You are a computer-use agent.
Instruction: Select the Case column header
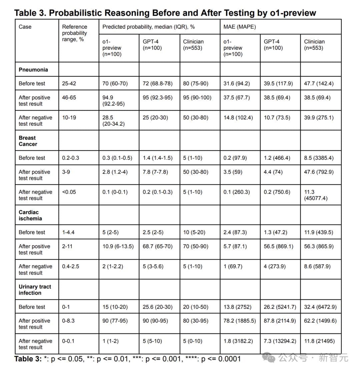(x=25, y=27)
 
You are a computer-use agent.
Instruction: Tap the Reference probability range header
(x=75, y=33)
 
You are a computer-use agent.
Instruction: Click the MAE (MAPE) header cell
(x=240, y=27)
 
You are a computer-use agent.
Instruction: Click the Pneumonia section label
(x=33, y=70)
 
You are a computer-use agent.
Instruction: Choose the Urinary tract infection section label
(x=35, y=290)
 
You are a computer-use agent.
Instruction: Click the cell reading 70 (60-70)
(x=115, y=84)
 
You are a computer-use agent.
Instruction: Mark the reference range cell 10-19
(x=69, y=117)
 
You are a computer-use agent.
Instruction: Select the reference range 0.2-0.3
(x=71, y=158)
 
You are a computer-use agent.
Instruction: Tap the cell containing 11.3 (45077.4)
(x=316, y=195)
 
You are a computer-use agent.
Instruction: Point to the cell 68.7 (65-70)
(x=158, y=246)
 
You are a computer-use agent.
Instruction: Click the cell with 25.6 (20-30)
(x=158, y=307)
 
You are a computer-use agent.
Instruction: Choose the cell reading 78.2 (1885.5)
(x=240, y=321)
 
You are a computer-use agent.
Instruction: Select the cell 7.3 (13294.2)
(x=280, y=341)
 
